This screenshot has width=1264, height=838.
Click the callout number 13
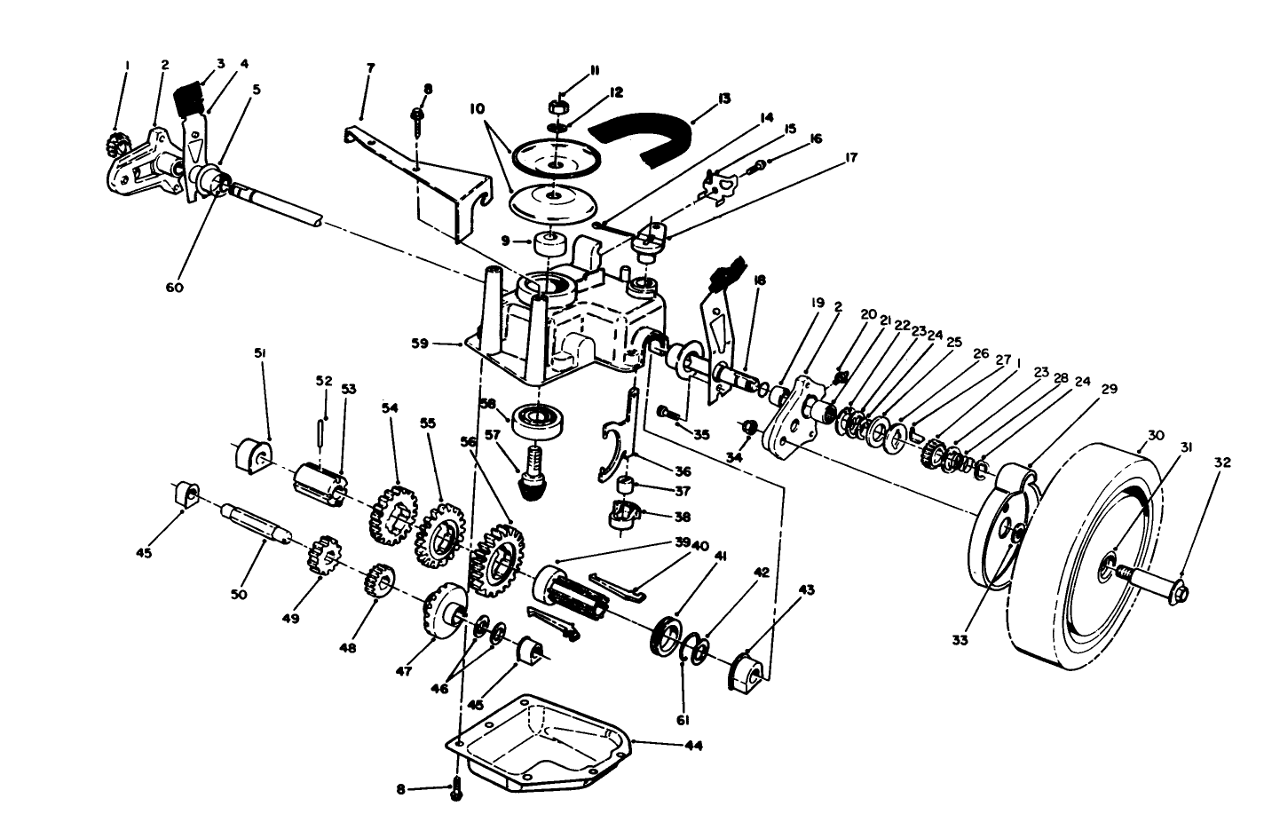pyautogui.click(x=724, y=99)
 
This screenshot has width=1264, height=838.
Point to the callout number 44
pyautogui.click(x=694, y=746)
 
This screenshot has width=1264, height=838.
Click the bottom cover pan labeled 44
pyautogui.click(x=541, y=741)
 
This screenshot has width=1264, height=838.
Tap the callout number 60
pyautogui.click(x=175, y=288)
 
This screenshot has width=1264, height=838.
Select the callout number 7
pyautogui.click(x=370, y=67)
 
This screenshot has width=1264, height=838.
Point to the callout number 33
pyautogui.click(x=960, y=639)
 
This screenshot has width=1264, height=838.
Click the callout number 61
pyautogui.click(x=683, y=719)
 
